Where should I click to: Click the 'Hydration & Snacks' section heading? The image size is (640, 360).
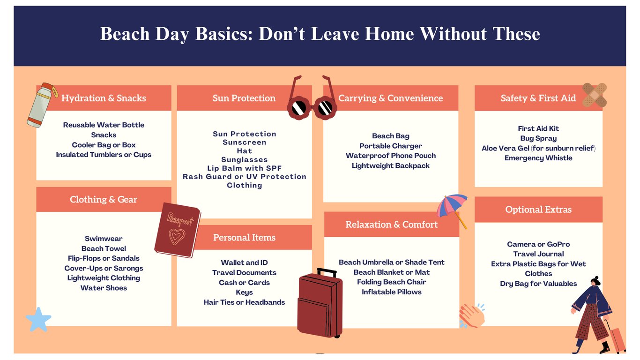tap(104, 98)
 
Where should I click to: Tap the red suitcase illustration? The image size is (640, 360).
tap(320, 303)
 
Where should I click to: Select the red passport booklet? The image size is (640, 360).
tap(178, 230)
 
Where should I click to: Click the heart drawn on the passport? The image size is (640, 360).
tap(177, 236)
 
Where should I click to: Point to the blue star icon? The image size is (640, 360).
tap(38, 320)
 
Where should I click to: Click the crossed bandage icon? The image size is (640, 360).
tap(594, 95)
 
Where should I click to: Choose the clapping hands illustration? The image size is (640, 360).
tap(472, 316)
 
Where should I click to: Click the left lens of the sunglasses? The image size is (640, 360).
tap(299, 108)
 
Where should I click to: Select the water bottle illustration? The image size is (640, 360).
tap(42, 105)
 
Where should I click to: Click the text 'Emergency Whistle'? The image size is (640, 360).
tap(538, 158)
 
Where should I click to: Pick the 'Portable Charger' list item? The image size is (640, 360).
tap(391, 146)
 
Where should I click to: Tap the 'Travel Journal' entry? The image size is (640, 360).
tap(538, 254)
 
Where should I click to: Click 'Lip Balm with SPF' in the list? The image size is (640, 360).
tap(244, 168)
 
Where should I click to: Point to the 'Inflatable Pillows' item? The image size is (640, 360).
tap(391, 292)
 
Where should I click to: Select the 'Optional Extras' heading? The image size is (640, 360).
tap(538, 210)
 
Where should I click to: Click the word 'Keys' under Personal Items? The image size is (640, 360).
tap(244, 292)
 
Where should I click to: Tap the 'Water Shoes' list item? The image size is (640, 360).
tap(104, 288)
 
